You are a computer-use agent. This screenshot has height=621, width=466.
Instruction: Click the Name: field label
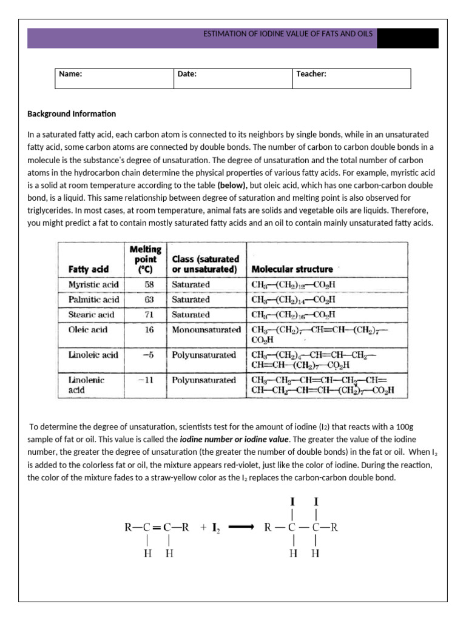(x=70, y=74)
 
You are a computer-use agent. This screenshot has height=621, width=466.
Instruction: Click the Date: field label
(x=187, y=74)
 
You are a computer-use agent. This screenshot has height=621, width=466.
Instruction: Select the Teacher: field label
(x=311, y=74)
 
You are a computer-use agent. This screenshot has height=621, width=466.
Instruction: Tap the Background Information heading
(x=72, y=114)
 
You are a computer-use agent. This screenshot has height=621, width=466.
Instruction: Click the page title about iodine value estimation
(x=288, y=35)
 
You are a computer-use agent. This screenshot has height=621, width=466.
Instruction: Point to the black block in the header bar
(x=407, y=38)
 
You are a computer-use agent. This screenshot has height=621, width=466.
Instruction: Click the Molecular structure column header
(x=292, y=269)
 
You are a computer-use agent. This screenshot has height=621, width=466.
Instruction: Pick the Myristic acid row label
(x=89, y=284)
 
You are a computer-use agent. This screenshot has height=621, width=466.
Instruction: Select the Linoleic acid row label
(x=89, y=355)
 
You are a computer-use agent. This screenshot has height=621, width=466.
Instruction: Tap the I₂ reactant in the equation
(x=215, y=528)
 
